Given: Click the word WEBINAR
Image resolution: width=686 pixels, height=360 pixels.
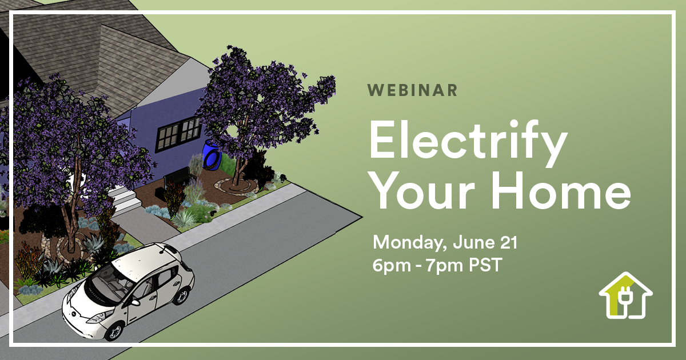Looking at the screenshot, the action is [412, 90].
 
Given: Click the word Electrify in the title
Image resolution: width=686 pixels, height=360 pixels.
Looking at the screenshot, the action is [469, 143].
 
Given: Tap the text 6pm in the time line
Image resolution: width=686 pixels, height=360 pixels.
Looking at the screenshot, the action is [392, 265].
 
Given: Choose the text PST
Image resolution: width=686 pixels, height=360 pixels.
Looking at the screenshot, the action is [486, 265].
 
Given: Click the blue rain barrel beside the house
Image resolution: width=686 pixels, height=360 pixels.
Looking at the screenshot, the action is [212, 155].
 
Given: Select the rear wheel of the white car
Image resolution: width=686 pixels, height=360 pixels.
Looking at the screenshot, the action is [181, 296].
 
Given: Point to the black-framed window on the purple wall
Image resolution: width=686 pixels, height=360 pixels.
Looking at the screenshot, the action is [178, 134].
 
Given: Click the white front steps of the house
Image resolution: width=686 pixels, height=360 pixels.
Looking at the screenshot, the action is [125, 199].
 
